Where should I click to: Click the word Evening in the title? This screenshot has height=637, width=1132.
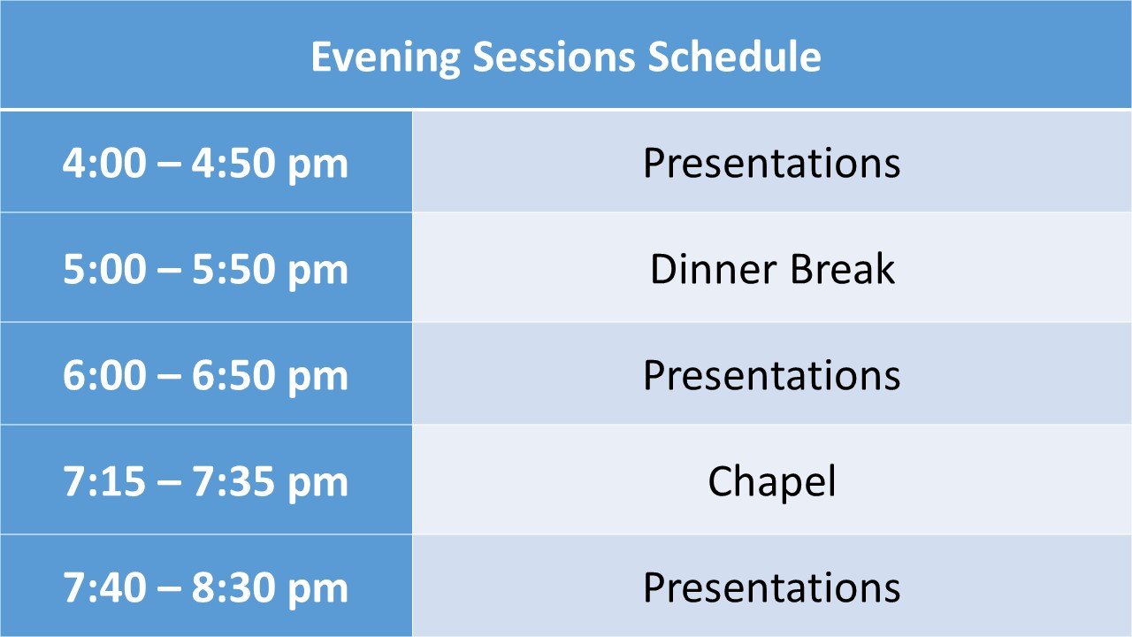tap(386, 57)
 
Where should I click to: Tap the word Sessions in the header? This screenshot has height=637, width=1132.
tap(554, 56)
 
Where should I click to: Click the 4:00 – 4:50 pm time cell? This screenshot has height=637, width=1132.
tap(206, 163)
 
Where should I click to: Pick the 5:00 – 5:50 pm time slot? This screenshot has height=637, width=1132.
tap(206, 268)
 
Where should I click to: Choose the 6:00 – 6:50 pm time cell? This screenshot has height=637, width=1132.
tap(206, 374)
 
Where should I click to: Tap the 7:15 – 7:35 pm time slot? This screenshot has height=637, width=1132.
tap(206, 480)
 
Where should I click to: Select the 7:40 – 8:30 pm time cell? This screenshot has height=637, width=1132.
tap(206, 587)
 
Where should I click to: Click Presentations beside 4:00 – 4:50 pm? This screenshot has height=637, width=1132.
tap(772, 163)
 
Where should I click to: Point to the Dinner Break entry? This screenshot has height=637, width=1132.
tap(772, 268)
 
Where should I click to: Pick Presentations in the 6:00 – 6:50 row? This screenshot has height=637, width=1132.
tap(772, 374)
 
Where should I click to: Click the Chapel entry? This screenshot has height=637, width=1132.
tap(772, 482)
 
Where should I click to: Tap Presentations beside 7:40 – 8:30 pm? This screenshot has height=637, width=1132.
tap(772, 587)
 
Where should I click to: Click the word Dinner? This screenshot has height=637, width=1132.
tap(714, 268)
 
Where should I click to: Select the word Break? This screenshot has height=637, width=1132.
tap(843, 268)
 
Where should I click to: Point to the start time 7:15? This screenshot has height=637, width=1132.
tap(104, 480)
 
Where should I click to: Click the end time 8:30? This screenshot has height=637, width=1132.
tap(233, 587)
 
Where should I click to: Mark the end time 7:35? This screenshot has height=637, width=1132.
tap(233, 480)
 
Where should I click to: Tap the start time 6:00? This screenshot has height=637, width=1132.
tap(104, 374)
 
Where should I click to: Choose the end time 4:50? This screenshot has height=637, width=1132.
tap(233, 163)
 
